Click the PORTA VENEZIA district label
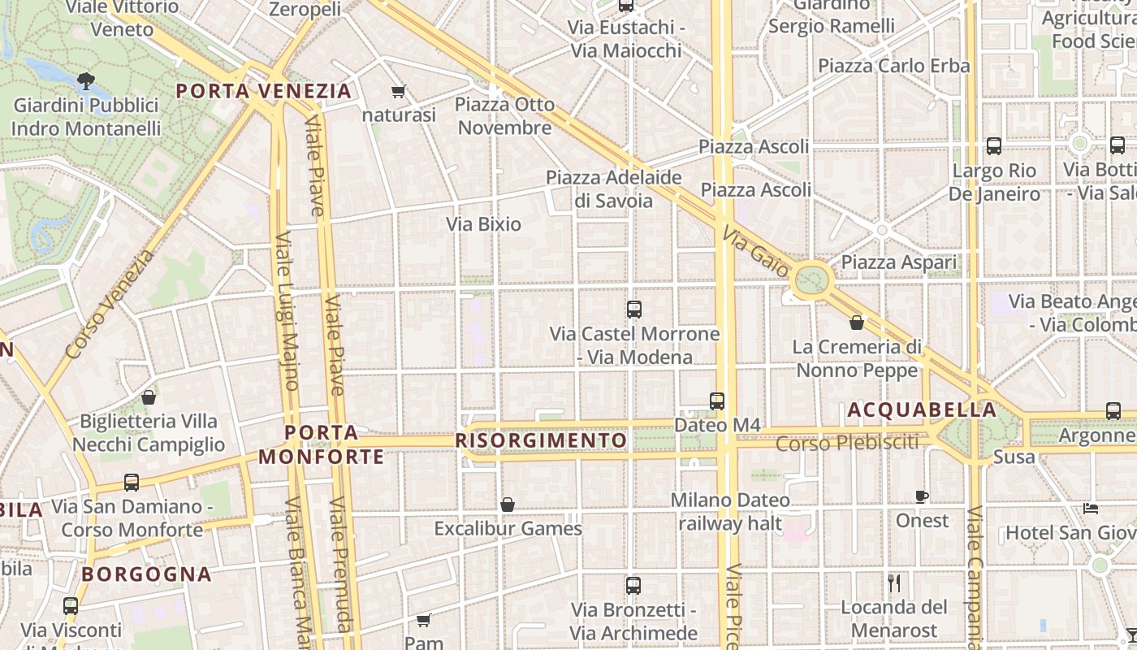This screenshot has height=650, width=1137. (264, 91)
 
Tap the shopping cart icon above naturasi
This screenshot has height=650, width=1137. (398, 91)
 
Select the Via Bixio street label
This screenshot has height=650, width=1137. (483, 224)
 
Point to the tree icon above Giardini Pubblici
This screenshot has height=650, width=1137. (85, 81)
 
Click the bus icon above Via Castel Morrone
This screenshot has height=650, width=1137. (634, 310)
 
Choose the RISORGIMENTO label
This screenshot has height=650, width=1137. (541, 440)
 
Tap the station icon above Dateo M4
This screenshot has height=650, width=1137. (717, 401)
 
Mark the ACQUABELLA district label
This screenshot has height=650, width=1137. (922, 410)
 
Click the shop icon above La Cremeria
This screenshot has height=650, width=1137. (857, 323)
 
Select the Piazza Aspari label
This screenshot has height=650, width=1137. (898, 262)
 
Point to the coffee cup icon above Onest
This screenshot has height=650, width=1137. (922, 496)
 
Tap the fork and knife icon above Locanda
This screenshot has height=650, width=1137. (894, 583)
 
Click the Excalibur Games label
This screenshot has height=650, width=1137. (508, 529)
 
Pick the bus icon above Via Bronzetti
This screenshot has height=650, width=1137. (633, 585)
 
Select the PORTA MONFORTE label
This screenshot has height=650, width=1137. (322, 444)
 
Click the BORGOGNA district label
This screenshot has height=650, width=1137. (146, 574)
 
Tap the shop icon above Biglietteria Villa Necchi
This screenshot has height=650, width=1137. (149, 397)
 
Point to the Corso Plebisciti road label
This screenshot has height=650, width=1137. (847, 444)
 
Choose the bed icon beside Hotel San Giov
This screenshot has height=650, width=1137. (1091, 509)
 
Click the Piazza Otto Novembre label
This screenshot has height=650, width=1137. (504, 116)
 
